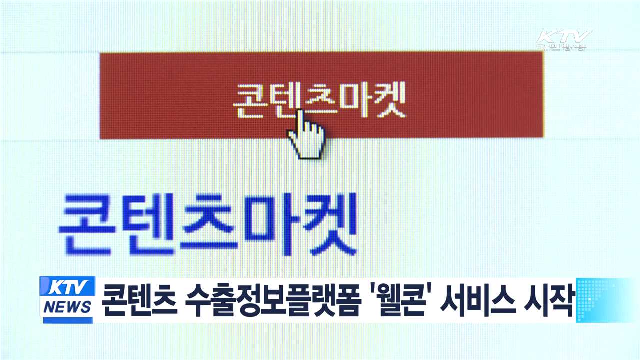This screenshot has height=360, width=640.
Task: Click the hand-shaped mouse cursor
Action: click(306, 136)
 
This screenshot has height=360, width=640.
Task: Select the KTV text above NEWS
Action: click(68, 288)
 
